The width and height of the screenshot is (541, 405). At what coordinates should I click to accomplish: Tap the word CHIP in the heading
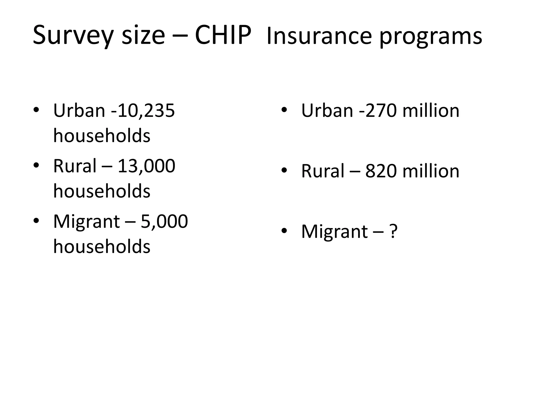click(223, 35)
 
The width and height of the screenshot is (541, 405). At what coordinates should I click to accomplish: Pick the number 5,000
click(164, 221)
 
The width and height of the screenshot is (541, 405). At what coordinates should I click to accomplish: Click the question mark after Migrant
click(393, 231)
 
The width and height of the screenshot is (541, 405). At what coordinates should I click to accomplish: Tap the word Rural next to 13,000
click(75, 166)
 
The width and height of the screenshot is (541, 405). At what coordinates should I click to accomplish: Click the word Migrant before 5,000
click(87, 222)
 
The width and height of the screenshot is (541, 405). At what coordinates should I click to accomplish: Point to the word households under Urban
click(102, 136)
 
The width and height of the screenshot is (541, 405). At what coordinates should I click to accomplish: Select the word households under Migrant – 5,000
click(102, 247)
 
